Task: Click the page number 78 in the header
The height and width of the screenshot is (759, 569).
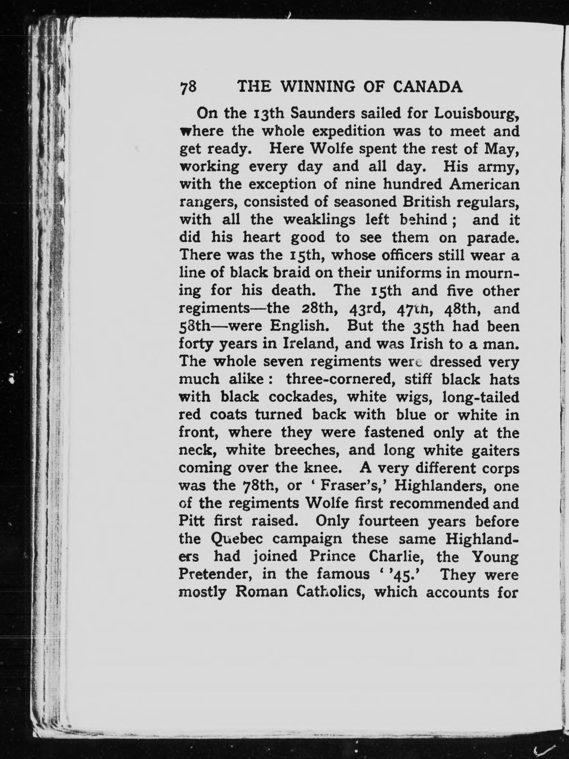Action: (x=188, y=87)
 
